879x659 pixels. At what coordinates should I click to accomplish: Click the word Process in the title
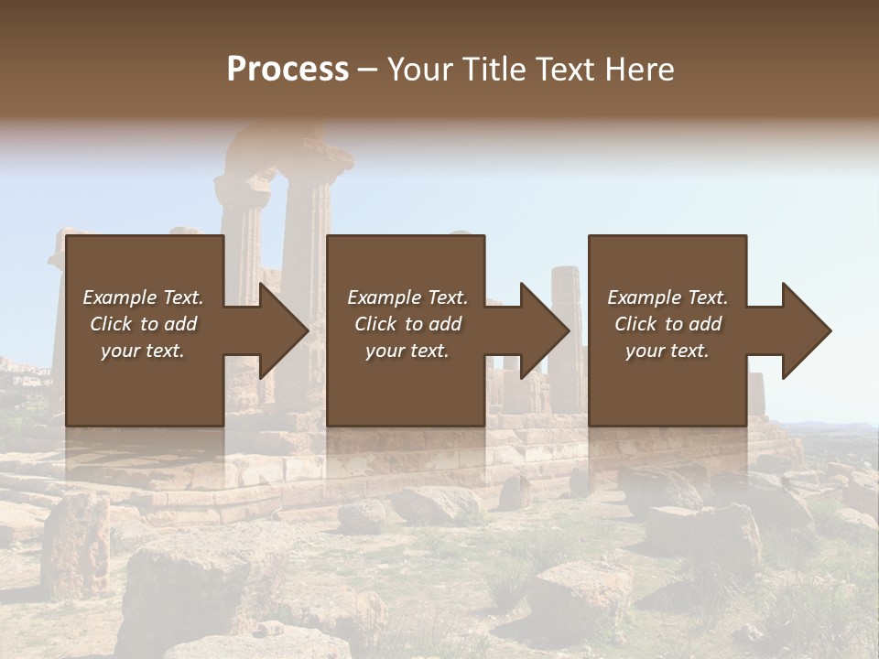pyautogui.click(x=288, y=69)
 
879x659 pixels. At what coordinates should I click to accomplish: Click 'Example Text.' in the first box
pyautogui.click(x=143, y=297)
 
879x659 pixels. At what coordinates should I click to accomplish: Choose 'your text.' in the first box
pyautogui.click(x=143, y=351)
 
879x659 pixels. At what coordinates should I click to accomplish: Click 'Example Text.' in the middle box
pyautogui.click(x=407, y=297)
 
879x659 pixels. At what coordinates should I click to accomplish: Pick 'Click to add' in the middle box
pyautogui.click(x=407, y=324)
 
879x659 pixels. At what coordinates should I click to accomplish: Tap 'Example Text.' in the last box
pyautogui.click(x=667, y=297)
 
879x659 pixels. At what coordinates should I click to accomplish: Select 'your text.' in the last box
pyautogui.click(x=667, y=351)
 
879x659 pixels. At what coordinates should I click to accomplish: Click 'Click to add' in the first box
pyautogui.click(x=143, y=324)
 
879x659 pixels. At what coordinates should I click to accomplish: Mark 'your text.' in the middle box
pyautogui.click(x=407, y=351)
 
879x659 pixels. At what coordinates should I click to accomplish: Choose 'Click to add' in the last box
pyautogui.click(x=667, y=324)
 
